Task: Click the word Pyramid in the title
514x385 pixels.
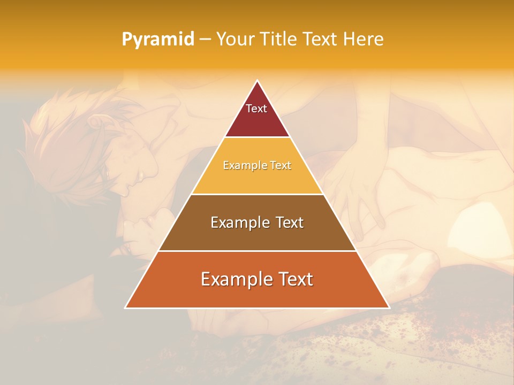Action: point(158,40)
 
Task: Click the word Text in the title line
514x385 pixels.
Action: point(321,40)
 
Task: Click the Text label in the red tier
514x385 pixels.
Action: point(256,109)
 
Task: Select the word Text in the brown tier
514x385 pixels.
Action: point(290,222)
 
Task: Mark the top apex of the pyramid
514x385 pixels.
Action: point(257,81)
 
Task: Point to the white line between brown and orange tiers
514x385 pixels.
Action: point(257,251)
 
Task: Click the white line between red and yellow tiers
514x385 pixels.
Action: point(257,137)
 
